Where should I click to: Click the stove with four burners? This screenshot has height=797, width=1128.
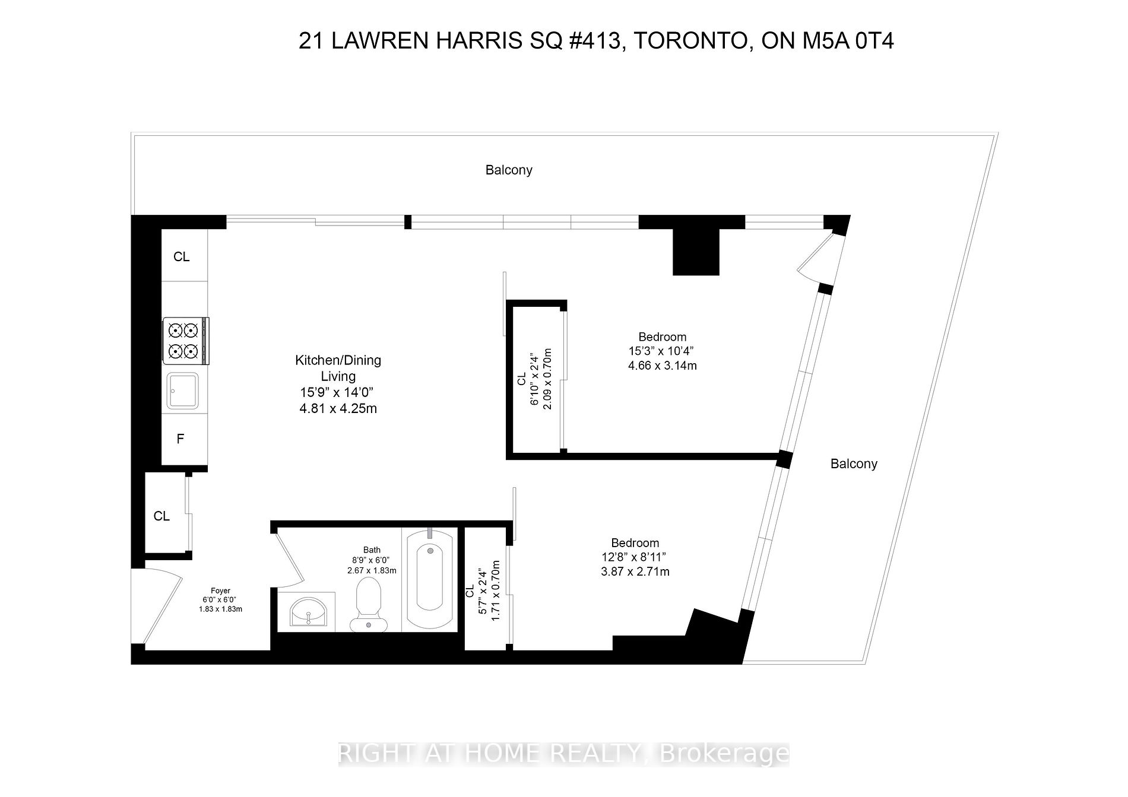point(185,341)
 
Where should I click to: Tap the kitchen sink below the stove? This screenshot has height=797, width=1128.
point(183,390)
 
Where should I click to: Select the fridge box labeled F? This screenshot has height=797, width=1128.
point(180,439)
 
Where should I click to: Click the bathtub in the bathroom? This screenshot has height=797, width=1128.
point(429,578)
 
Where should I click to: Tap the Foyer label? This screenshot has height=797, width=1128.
point(220,590)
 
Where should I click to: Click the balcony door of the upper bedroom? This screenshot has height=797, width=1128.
point(816,258)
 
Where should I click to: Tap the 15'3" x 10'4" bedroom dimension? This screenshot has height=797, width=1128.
point(662,351)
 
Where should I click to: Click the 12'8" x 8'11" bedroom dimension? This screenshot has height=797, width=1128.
point(635,557)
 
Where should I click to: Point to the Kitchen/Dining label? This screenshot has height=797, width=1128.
point(338,360)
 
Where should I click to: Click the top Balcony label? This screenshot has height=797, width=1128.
point(509,170)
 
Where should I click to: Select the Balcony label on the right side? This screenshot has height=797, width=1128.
point(853,464)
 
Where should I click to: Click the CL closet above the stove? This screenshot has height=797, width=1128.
point(181,256)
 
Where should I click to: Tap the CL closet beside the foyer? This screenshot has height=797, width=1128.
point(161,516)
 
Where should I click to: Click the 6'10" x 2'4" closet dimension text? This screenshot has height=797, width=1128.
point(534,379)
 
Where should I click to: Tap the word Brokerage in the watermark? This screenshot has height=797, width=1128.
point(724,754)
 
